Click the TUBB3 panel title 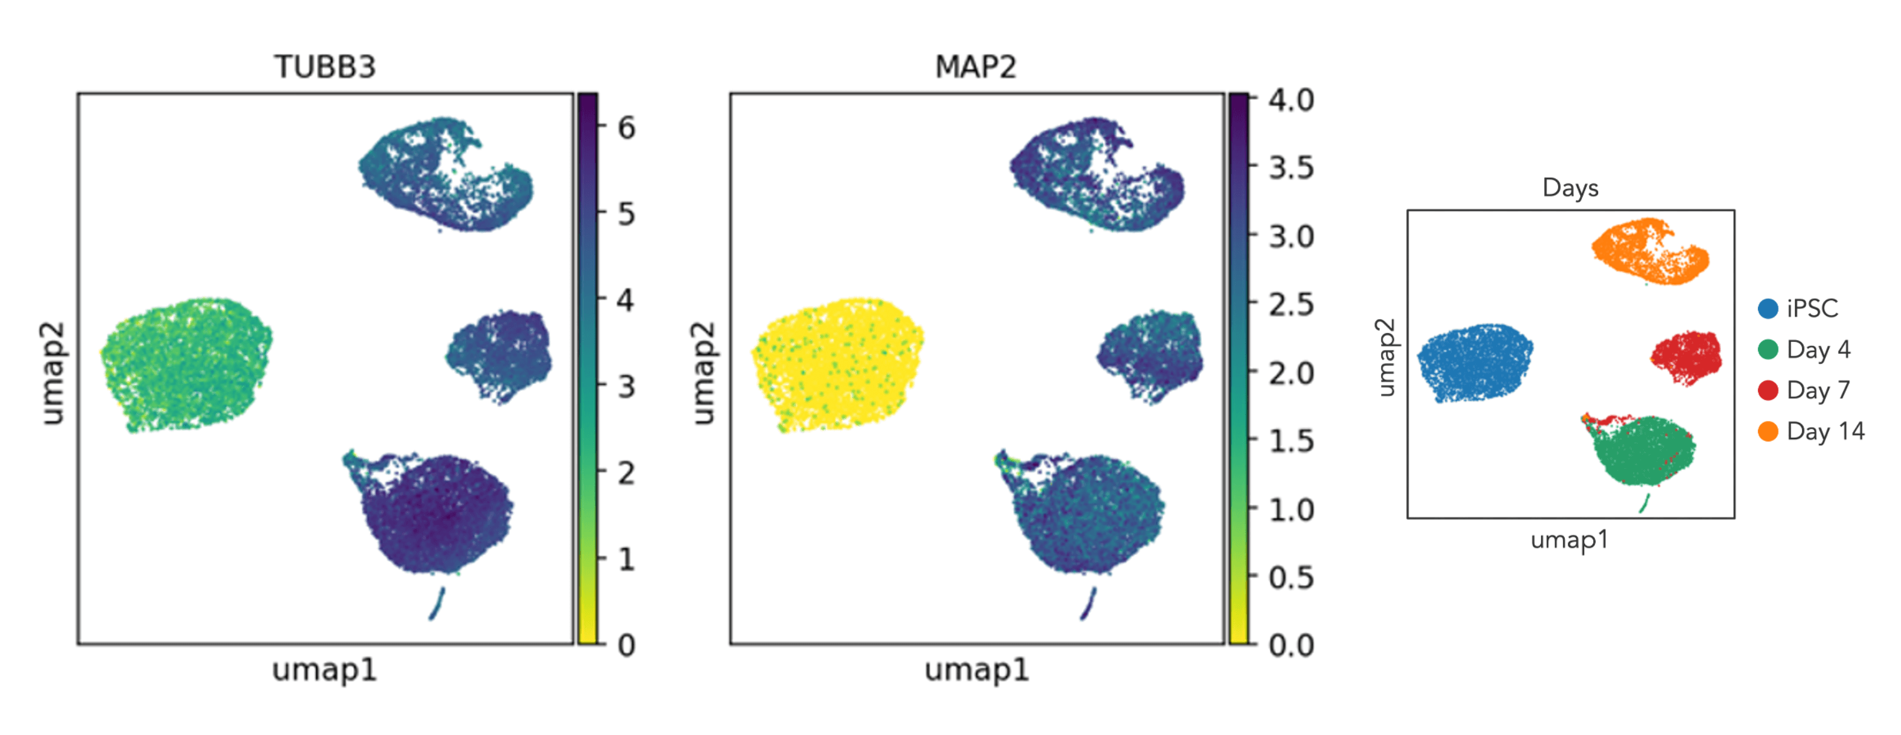click(x=325, y=67)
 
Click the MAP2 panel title click(x=976, y=67)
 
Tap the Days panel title click(x=1570, y=187)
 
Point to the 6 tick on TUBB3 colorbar click(x=626, y=128)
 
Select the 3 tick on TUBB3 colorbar click(x=626, y=387)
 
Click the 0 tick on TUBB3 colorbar click(x=626, y=645)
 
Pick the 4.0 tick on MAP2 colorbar click(x=1291, y=99)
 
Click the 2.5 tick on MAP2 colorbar click(x=1291, y=304)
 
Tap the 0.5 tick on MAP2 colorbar click(x=1291, y=577)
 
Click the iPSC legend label click(x=1813, y=308)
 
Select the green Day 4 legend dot click(x=1768, y=349)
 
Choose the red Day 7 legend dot click(x=1768, y=390)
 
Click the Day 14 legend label click(x=1826, y=431)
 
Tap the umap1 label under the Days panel click(x=1570, y=540)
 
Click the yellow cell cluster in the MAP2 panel click(x=838, y=363)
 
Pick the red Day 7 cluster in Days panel click(x=1687, y=358)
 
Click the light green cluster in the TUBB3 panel click(x=186, y=364)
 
